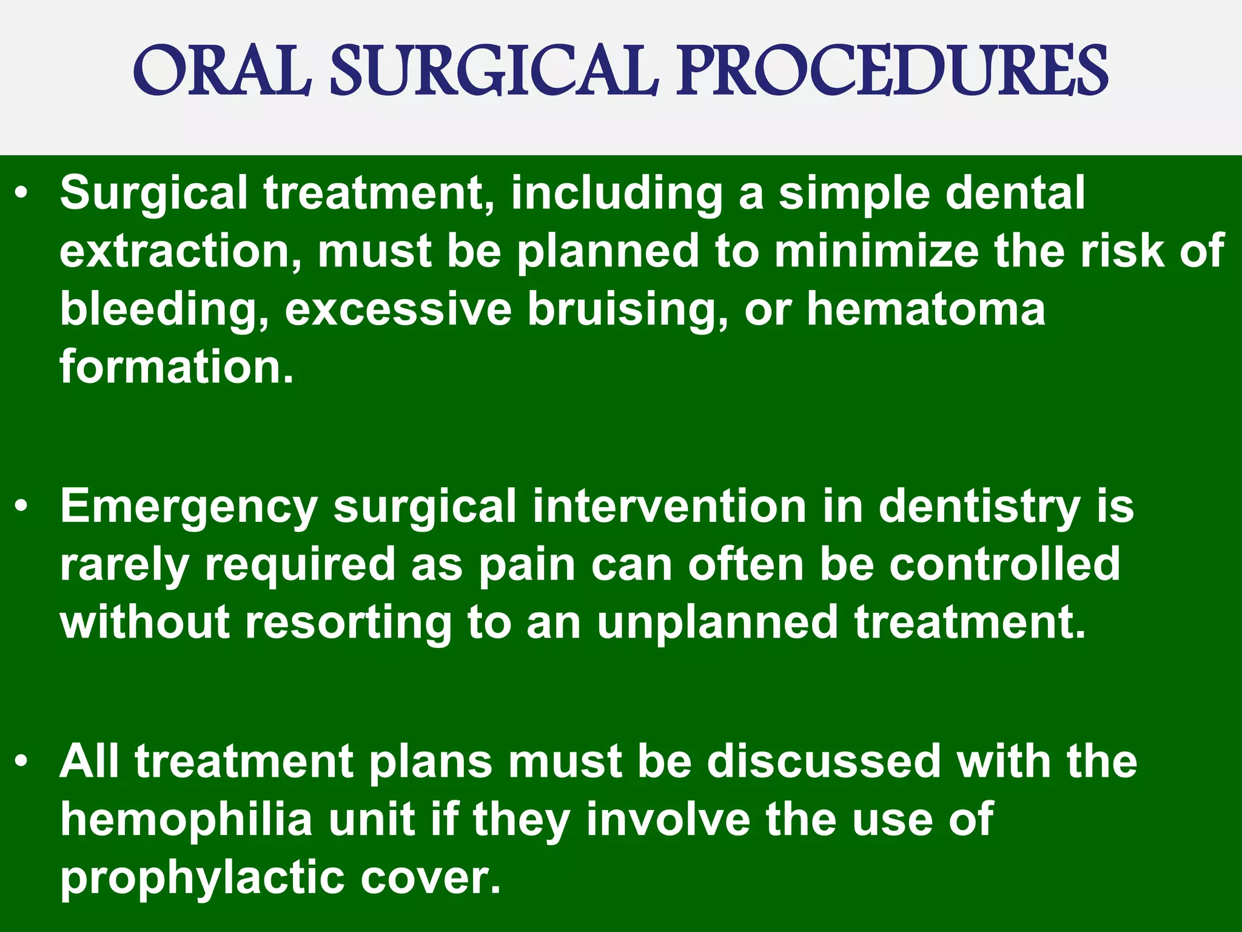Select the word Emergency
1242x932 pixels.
click(x=189, y=507)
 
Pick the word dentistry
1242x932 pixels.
click(x=979, y=507)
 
